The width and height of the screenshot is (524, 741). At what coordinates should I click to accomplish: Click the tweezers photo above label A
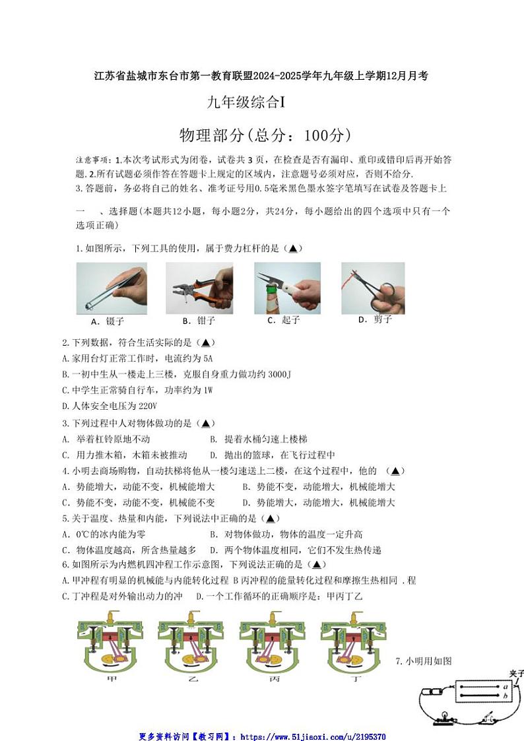pos(112,288)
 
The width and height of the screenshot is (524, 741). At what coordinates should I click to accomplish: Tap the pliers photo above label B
pos(199,288)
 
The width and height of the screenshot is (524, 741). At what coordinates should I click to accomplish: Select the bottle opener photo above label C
pos(287,288)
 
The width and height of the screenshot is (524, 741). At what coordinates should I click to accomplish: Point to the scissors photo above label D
pos(372,288)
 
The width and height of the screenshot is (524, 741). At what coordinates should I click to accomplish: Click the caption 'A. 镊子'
pos(108,322)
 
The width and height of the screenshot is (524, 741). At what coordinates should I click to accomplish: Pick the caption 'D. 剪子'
pos(375,319)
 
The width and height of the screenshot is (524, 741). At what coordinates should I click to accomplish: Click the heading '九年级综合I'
pos(245,102)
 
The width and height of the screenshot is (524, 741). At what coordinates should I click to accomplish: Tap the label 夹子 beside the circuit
pos(516,673)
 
